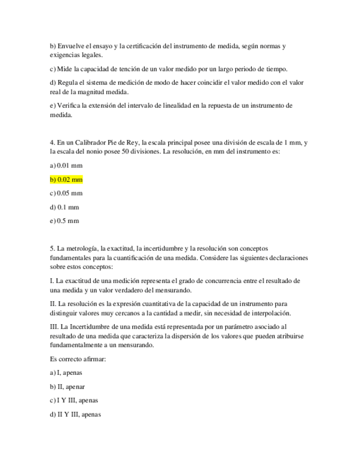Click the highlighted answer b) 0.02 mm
tap(66, 180)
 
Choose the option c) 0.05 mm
tap(65, 193)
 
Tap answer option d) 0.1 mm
tap(64, 207)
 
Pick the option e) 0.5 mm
tap(64, 221)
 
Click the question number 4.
tap(52, 142)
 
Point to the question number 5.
tap(52, 248)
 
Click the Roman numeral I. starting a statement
tap(51, 281)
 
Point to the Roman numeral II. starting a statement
tap(53, 304)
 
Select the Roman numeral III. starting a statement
tap(54, 327)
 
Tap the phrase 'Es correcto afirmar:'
tap(77, 359)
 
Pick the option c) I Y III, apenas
tap(74, 401)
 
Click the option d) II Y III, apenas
tap(75, 414)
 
